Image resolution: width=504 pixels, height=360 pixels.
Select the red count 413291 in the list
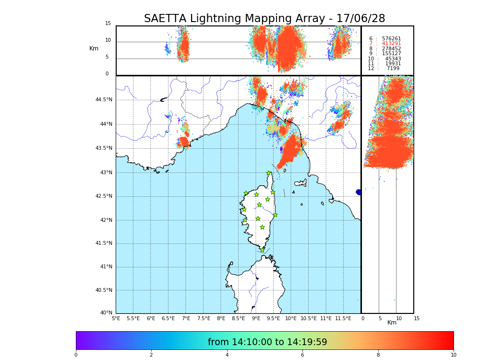391,44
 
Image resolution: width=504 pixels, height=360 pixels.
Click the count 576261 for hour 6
391,39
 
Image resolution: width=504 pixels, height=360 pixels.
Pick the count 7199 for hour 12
393,69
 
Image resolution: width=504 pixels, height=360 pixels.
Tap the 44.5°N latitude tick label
104,100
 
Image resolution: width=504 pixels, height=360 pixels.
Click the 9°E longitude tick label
256,318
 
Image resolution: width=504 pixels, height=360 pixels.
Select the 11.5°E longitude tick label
343,318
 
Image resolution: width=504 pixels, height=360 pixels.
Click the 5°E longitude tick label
116,318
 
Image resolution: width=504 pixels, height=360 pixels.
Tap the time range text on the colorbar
267,342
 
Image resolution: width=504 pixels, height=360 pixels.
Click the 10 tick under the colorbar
453,355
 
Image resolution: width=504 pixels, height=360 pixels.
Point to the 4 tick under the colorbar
227,355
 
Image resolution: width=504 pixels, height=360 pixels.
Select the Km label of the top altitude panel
94,48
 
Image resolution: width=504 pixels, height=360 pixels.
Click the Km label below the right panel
392,323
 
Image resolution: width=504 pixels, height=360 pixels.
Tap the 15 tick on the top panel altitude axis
108,24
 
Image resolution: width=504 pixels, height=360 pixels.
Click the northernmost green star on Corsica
269,173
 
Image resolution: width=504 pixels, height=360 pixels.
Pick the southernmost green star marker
262,250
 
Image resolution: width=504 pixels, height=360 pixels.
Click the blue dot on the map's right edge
359,192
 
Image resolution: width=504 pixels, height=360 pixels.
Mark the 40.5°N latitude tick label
104,290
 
